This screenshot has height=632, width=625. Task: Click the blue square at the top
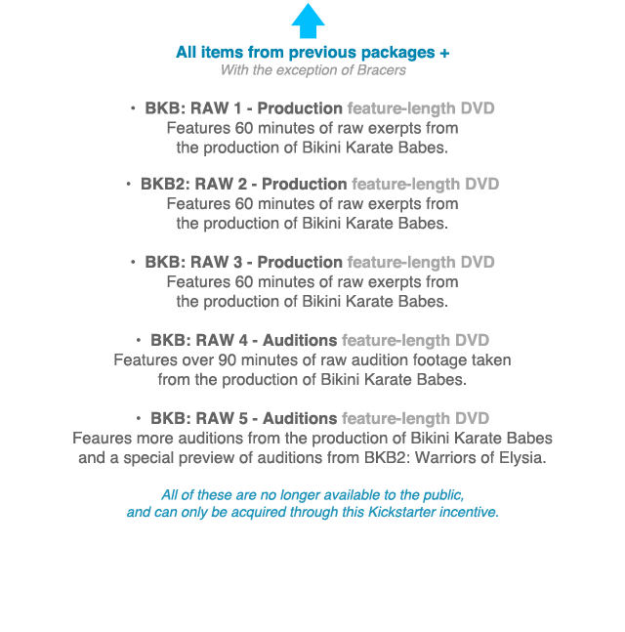[x=308, y=21]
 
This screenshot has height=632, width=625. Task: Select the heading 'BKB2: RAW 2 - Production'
[x=243, y=184]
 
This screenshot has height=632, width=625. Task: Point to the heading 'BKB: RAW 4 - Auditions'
[x=244, y=340]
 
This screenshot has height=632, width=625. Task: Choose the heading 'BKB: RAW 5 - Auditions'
[x=244, y=418]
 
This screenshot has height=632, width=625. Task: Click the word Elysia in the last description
[x=518, y=457]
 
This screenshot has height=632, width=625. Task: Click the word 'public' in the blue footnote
[x=442, y=493]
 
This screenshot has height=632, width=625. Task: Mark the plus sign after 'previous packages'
[x=444, y=53]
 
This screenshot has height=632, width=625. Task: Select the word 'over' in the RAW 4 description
[x=198, y=360]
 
